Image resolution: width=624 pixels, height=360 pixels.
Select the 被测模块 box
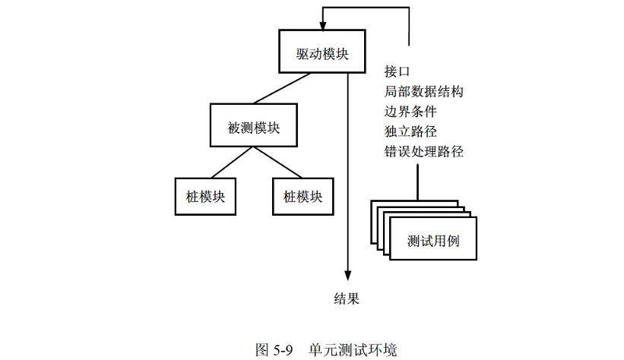254,125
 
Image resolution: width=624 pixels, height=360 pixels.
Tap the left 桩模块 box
205,197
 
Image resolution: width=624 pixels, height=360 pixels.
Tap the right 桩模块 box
302,197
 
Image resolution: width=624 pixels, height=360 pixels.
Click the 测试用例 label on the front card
432,242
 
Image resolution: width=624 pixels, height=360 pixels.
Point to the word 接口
398,72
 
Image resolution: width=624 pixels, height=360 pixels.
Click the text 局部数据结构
424,92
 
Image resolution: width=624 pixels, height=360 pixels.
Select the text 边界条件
410,112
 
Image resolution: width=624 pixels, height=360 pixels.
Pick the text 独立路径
410,131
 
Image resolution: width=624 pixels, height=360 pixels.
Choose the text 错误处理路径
424,151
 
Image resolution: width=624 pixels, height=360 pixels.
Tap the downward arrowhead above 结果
348,276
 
